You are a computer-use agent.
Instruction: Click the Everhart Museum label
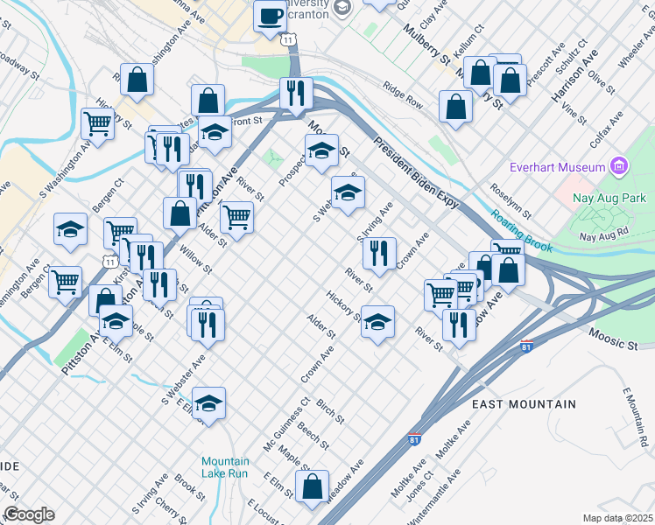tap(558, 166)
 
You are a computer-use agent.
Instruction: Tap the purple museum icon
tap(620, 165)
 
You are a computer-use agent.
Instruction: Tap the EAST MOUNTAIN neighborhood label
tap(524, 404)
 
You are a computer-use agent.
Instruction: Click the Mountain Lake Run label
tap(225, 467)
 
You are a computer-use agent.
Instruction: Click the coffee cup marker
tap(270, 15)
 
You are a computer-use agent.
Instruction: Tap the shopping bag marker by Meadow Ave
tap(312, 486)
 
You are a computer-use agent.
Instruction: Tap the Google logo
tap(29, 514)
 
